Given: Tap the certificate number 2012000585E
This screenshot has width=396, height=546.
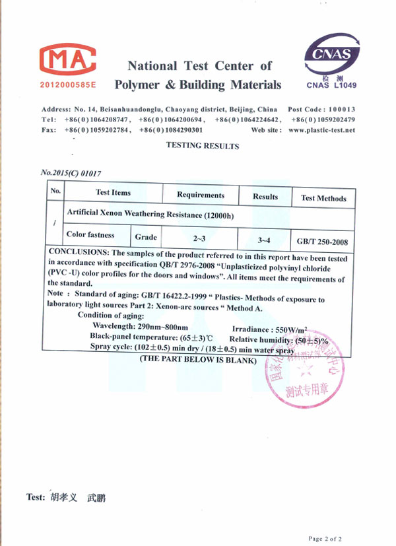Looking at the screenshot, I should [68, 86].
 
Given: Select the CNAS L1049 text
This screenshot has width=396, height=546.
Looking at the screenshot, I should [331, 85].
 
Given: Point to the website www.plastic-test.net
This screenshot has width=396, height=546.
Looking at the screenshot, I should [321, 130].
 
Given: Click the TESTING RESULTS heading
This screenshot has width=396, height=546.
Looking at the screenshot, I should [202, 146].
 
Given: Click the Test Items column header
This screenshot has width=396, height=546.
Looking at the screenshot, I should [113, 193].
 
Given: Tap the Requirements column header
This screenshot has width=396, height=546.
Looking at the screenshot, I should [201, 195].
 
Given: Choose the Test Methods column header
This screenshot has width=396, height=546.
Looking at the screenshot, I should [323, 198].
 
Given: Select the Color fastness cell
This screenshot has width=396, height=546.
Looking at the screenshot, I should [90, 235].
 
